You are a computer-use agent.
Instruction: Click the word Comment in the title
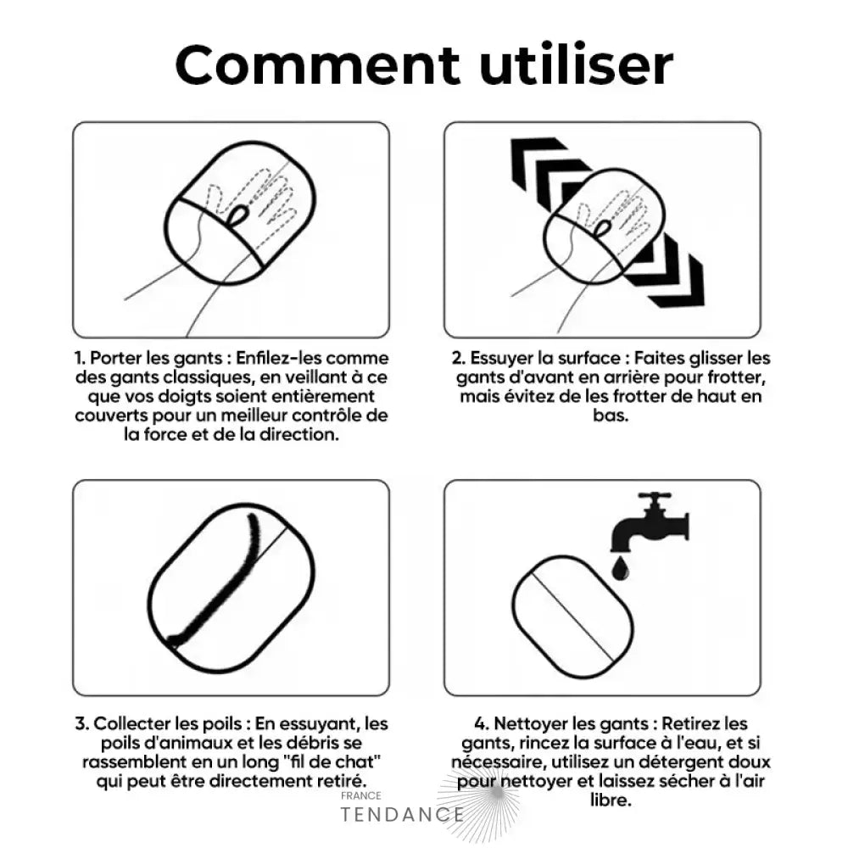[x=318, y=65]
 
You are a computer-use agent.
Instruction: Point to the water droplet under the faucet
[x=621, y=569]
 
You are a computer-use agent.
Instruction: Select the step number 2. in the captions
[x=459, y=358]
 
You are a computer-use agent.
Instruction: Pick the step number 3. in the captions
[x=81, y=723]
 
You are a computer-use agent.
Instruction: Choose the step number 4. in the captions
[x=482, y=723]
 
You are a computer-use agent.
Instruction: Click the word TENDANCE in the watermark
[x=402, y=814]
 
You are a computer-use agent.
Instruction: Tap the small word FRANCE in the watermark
[x=360, y=795]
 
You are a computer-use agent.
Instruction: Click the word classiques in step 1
[x=209, y=377]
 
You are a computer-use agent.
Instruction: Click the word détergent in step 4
[x=682, y=762]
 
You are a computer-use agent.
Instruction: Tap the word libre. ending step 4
[x=611, y=800]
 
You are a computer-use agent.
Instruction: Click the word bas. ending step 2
[x=611, y=416]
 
